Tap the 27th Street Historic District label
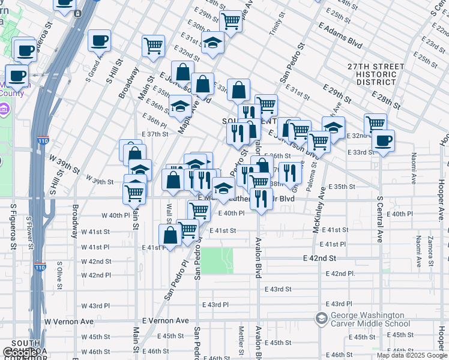click(372, 74)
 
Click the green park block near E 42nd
click(216, 260)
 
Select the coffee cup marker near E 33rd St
click(383, 142)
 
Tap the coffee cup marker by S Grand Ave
click(100, 41)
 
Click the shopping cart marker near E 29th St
click(231, 21)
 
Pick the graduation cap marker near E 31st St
click(212, 43)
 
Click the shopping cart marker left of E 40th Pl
click(199, 211)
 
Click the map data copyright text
click(412, 355)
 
